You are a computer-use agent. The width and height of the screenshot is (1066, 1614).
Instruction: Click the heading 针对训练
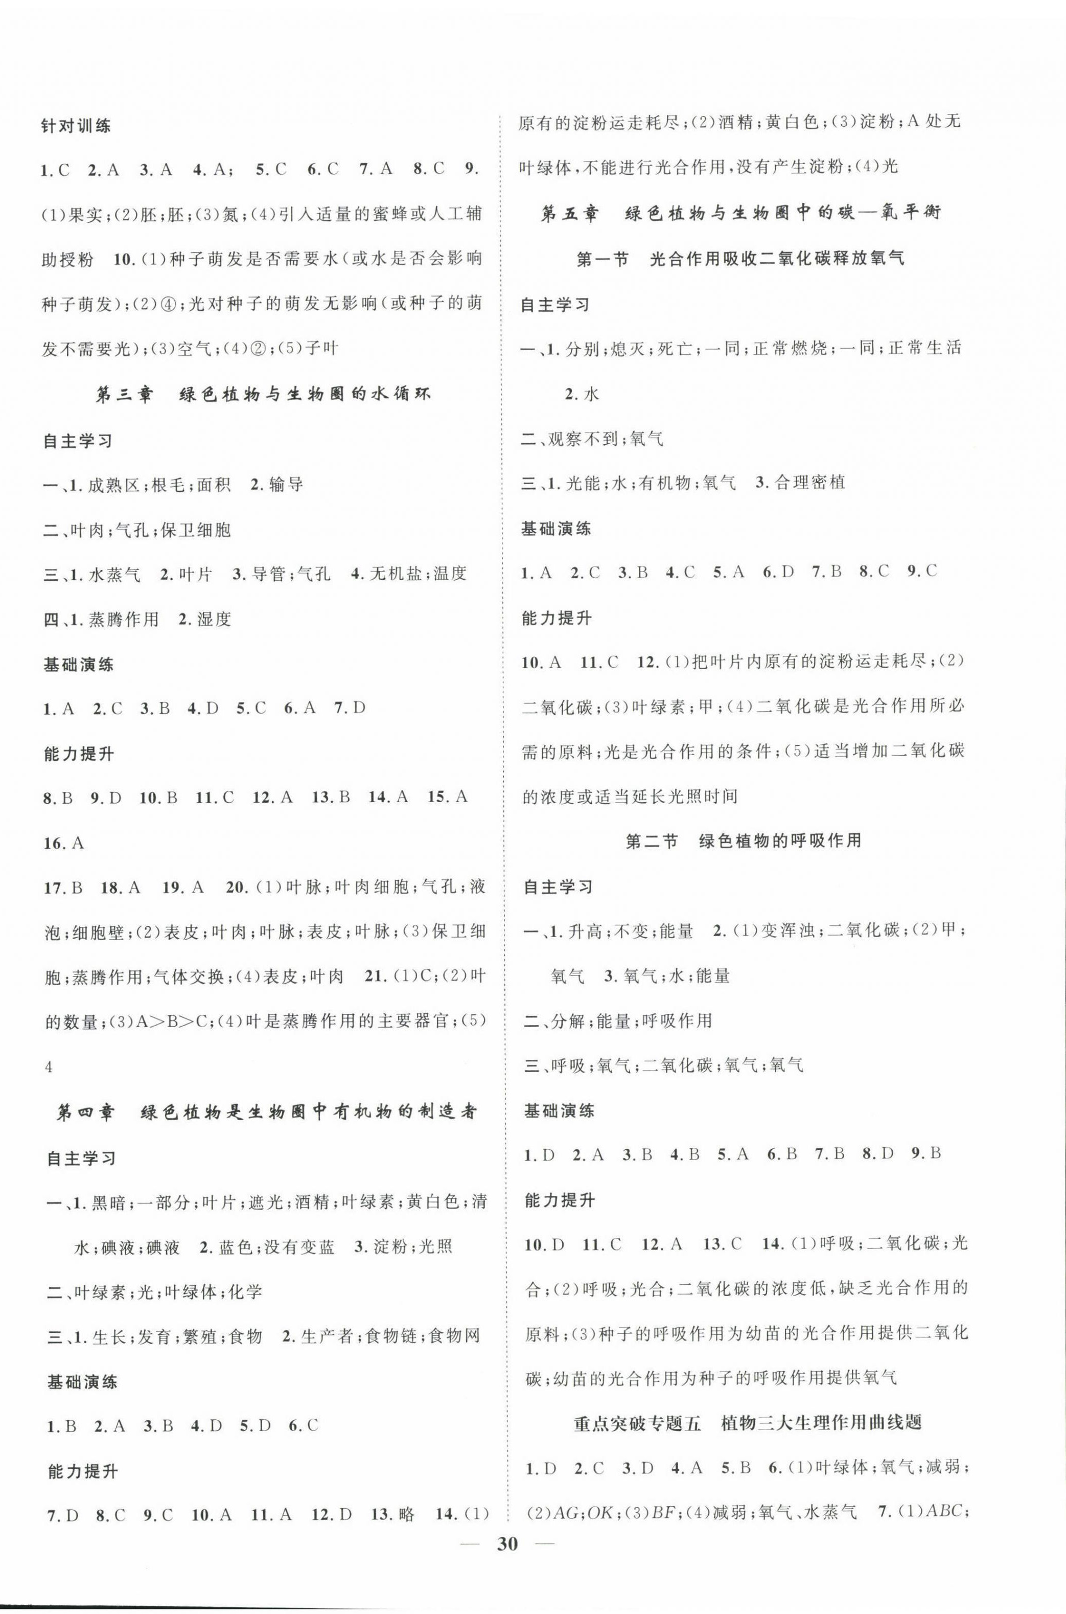tap(76, 125)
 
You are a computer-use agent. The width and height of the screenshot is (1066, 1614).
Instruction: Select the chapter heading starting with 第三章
tap(263, 395)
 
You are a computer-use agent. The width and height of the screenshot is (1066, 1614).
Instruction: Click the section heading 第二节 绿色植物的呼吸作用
tap(743, 842)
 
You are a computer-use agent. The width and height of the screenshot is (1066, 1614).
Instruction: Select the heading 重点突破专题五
tap(747, 1422)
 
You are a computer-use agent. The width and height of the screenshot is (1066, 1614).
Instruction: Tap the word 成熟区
tap(113, 485)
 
